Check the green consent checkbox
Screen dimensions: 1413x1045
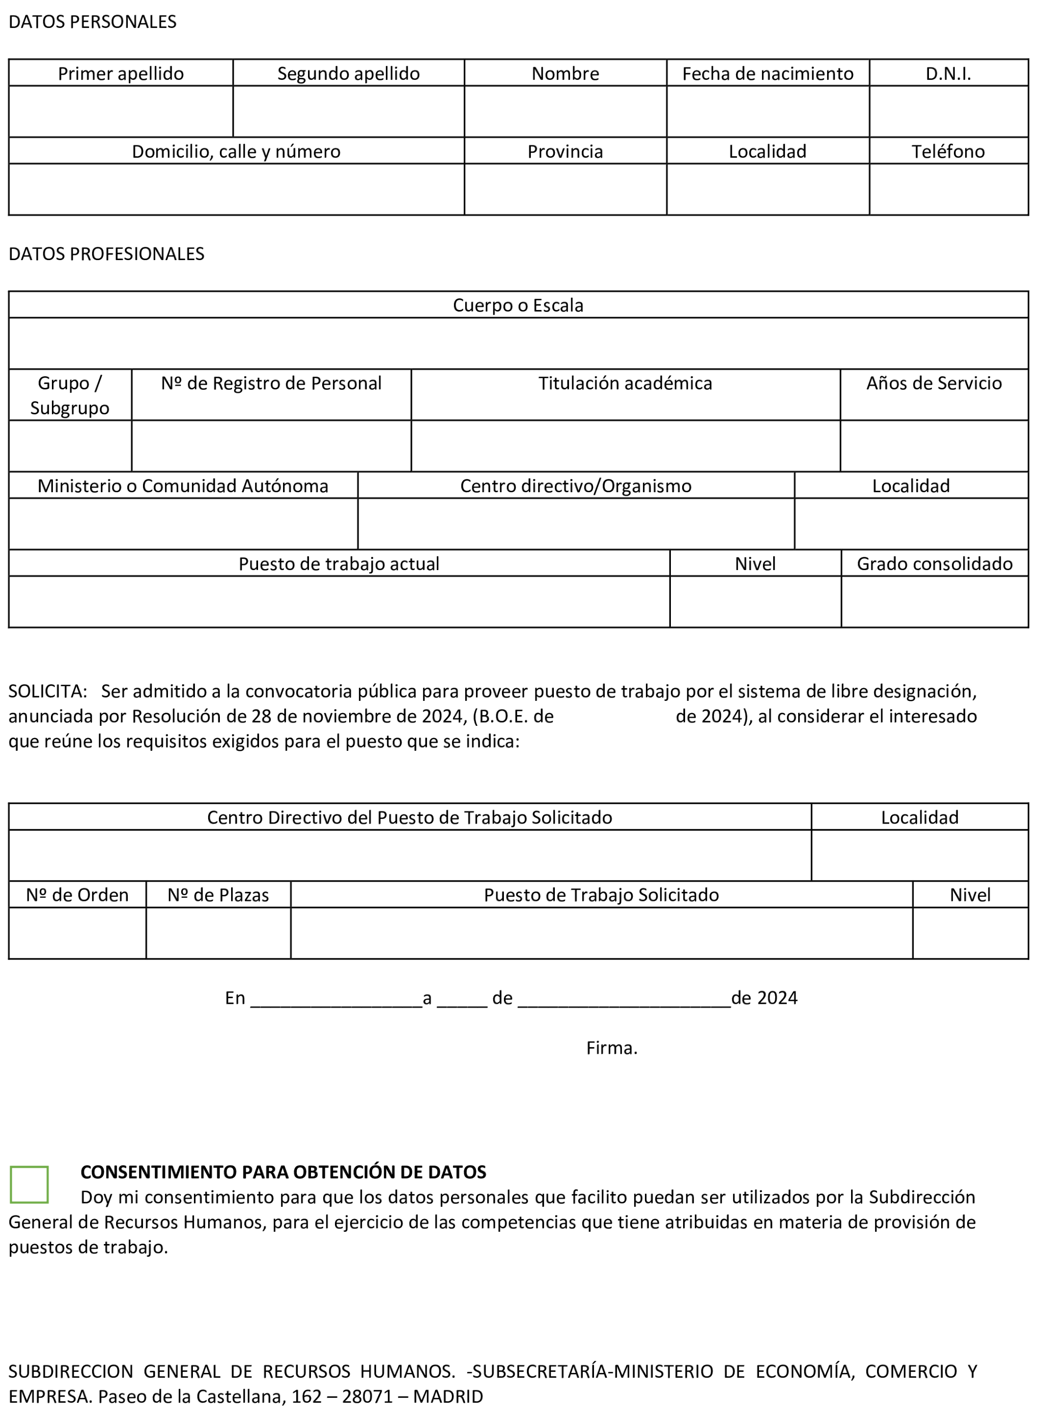click(x=29, y=1184)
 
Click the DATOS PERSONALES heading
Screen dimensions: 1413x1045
click(x=92, y=22)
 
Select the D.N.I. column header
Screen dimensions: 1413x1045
click(x=948, y=74)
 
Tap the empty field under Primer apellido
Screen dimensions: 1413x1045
click(x=121, y=111)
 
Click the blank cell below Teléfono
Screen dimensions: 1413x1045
click(x=948, y=189)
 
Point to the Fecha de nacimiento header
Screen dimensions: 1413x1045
click(x=767, y=74)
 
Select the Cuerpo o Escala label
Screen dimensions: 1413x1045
click(x=518, y=305)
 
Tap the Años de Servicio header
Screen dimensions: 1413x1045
click(x=934, y=383)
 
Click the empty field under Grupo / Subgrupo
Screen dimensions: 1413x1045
click(x=70, y=446)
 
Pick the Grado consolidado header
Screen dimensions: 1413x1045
click(x=935, y=563)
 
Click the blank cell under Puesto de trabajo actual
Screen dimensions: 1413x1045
click(x=339, y=602)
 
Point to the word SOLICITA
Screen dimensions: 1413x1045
click(x=47, y=691)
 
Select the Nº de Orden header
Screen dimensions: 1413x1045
click(x=77, y=895)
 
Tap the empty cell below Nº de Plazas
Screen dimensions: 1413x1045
click(x=218, y=933)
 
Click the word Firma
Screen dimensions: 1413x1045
click(x=611, y=1048)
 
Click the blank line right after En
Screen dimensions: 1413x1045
click(x=336, y=999)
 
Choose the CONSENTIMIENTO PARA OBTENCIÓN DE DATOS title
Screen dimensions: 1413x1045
click(x=284, y=1172)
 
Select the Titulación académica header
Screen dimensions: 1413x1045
click(x=625, y=383)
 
